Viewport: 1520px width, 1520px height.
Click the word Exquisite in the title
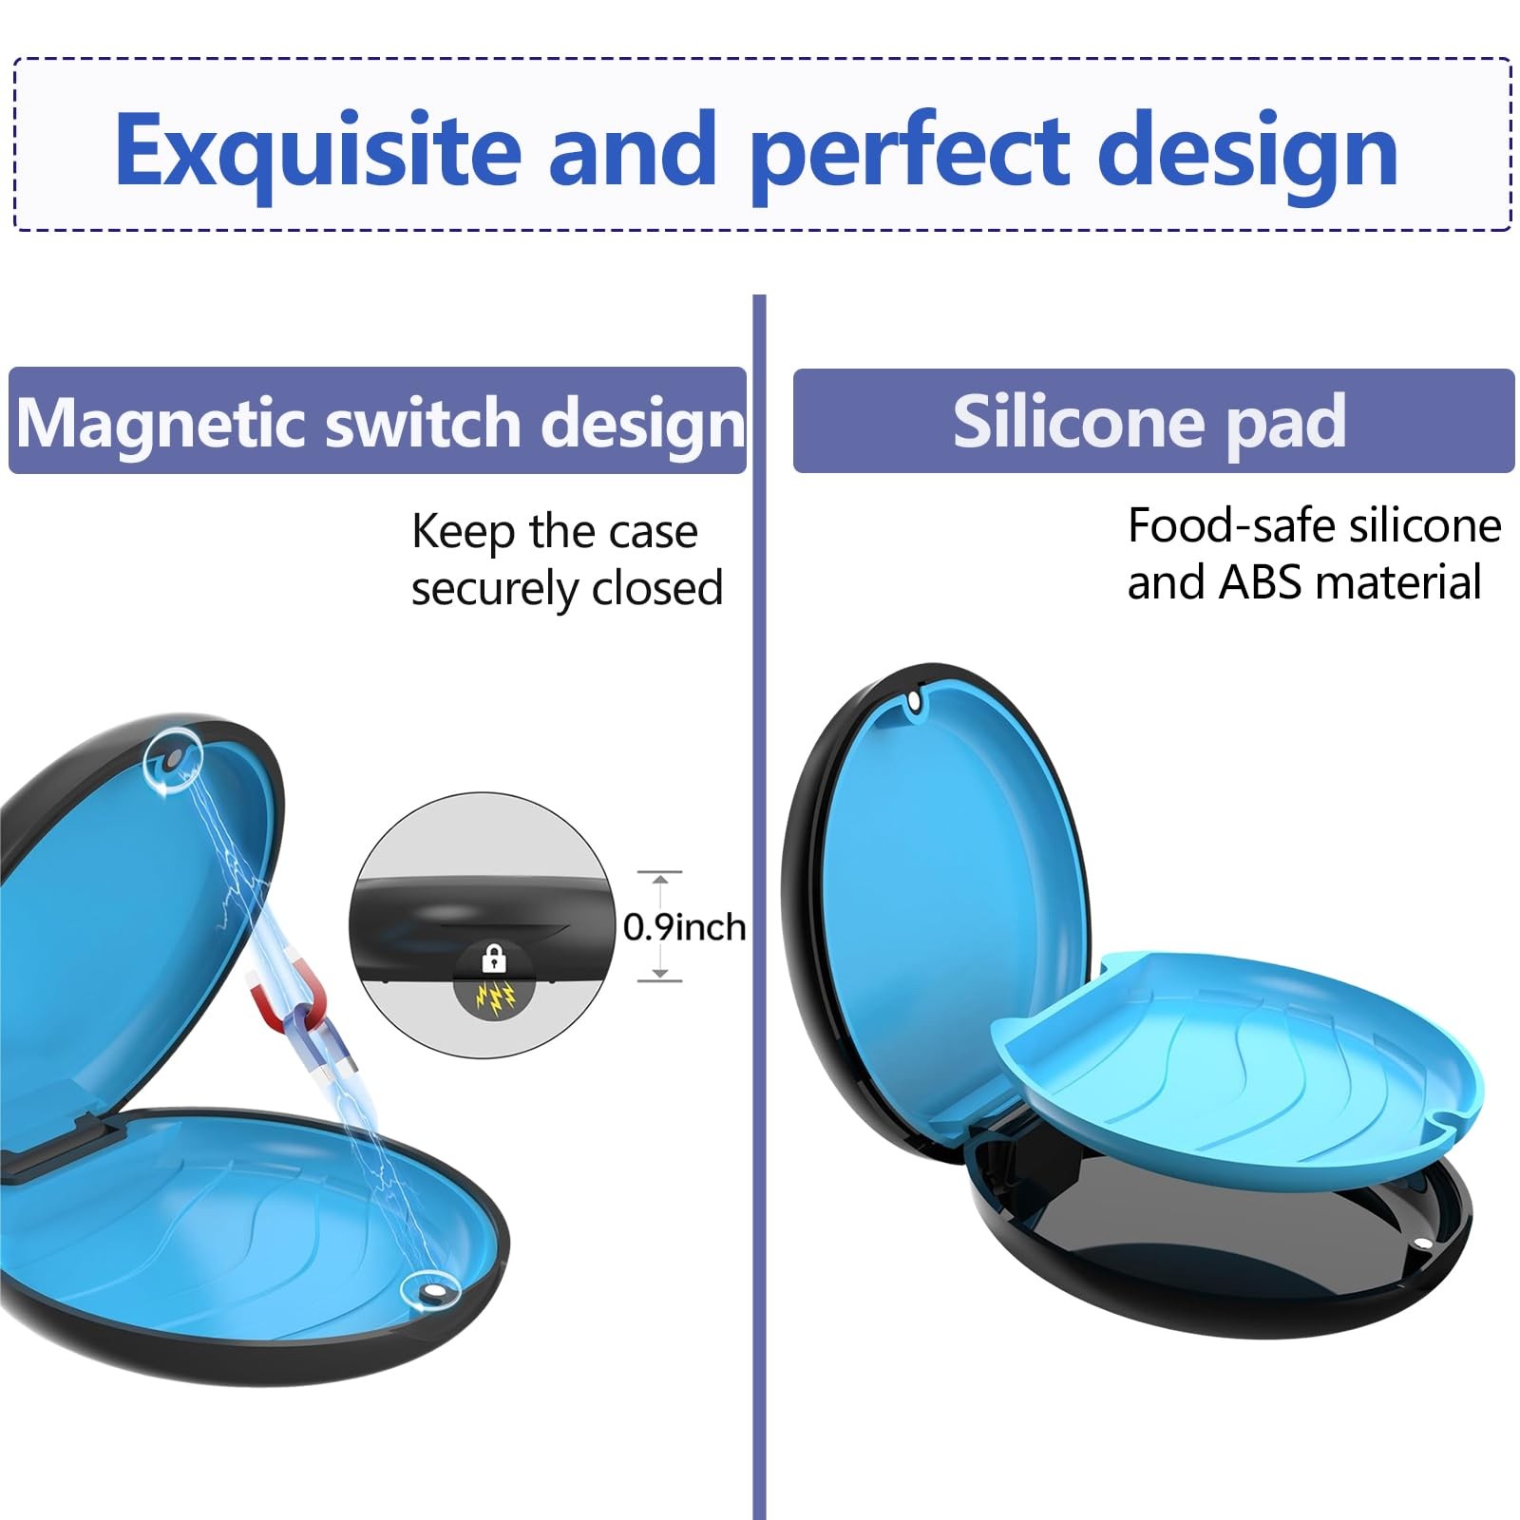pyautogui.click(x=318, y=150)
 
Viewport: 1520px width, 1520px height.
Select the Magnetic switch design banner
pyautogui.click(x=378, y=421)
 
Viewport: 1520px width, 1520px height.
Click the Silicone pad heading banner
pyautogui.click(x=1153, y=421)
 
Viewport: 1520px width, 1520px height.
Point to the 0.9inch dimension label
pyautogui.click(x=684, y=926)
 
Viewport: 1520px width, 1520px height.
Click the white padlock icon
pyautogui.click(x=494, y=958)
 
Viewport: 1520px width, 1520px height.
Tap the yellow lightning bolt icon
pyautogui.click(x=495, y=996)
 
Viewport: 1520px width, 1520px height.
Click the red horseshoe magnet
pyautogui.click(x=285, y=1007)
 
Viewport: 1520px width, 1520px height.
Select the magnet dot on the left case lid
pyautogui.click(x=174, y=760)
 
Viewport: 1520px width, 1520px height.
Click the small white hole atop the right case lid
pyautogui.click(x=914, y=700)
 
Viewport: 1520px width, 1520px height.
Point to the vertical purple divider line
pyautogui.click(x=759, y=907)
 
